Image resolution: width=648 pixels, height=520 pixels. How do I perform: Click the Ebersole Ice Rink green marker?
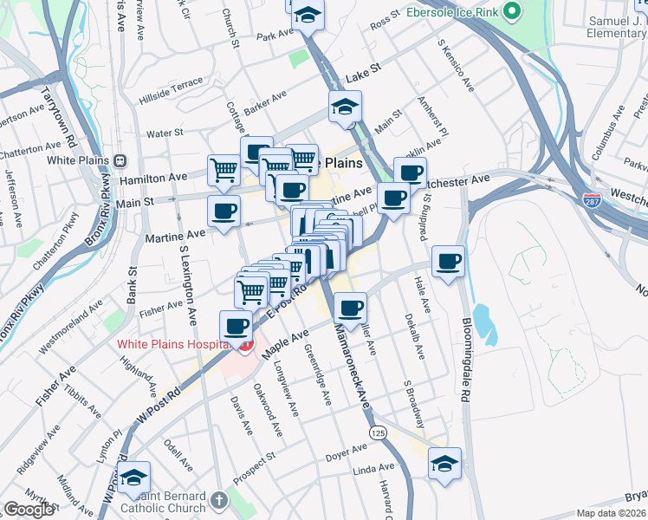(513, 12)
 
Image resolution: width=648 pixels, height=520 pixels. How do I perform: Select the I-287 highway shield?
(593, 201)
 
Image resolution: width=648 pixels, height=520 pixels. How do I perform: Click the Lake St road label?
(362, 78)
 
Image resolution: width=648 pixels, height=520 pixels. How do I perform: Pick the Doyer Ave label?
(347, 452)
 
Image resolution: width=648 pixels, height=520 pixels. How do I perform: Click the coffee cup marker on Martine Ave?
(224, 211)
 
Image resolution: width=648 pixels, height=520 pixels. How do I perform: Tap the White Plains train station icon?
(120, 160)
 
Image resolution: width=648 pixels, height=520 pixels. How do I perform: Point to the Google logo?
(29, 510)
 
